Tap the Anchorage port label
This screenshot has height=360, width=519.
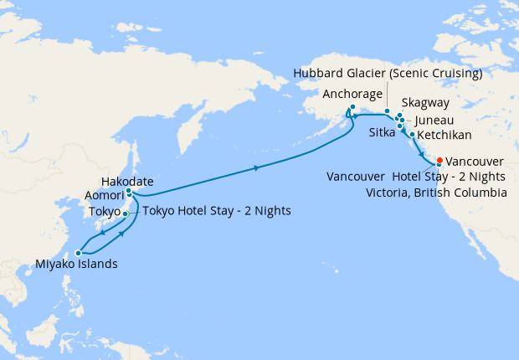[357, 94]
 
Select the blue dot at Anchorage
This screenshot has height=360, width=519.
[352, 107]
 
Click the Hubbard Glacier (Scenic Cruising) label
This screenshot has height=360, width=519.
[388, 74]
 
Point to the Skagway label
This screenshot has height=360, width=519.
[426, 103]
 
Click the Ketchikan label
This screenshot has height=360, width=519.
[444, 135]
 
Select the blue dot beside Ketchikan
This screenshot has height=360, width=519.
[413, 134]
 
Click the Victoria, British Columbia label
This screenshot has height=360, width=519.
[437, 193]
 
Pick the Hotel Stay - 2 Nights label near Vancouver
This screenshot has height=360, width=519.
[449, 177]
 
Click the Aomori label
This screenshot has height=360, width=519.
[105, 194]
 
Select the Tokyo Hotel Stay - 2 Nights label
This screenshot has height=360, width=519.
[217, 211]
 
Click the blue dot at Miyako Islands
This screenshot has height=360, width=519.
[78, 252]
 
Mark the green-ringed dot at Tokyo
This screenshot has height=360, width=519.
[125, 214]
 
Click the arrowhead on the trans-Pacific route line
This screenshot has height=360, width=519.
[256, 169]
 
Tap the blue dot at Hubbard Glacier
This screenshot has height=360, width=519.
[387, 111]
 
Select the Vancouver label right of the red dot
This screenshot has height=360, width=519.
[475, 161]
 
